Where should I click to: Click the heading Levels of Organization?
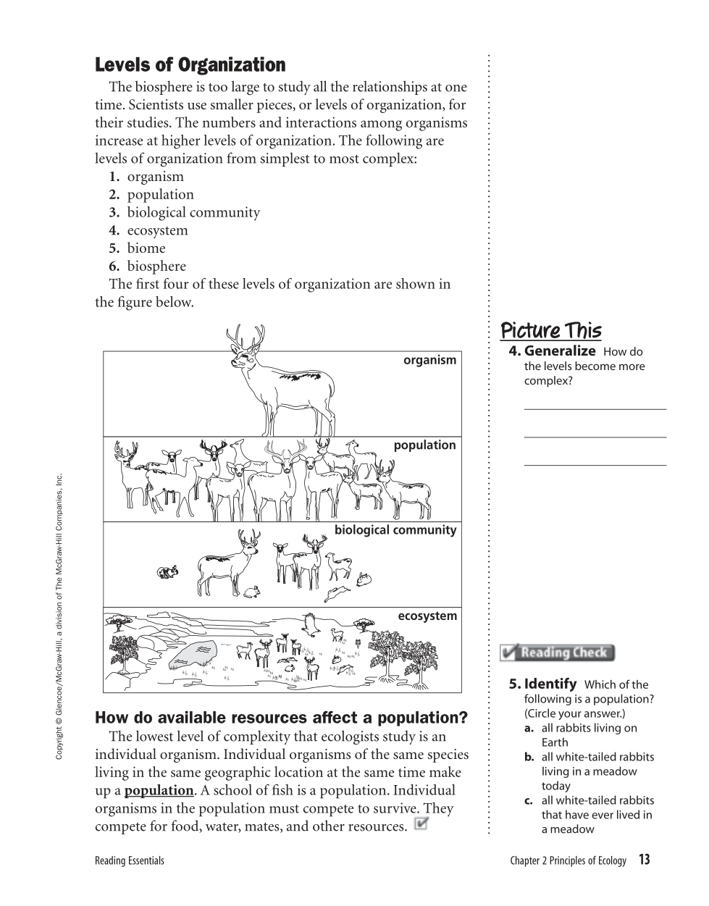(x=190, y=65)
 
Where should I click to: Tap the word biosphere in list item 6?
(x=156, y=266)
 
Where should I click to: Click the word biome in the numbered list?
(x=146, y=248)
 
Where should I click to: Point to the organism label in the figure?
(x=429, y=360)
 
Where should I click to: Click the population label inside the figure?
(x=424, y=445)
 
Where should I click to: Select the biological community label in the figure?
(x=395, y=530)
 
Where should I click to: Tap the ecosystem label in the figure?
(x=427, y=616)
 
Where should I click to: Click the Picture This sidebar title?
(x=550, y=331)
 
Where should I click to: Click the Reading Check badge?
(x=558, y=653)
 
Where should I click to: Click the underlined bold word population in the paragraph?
(x=159, y=790)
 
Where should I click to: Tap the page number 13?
(x=644, y=860)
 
